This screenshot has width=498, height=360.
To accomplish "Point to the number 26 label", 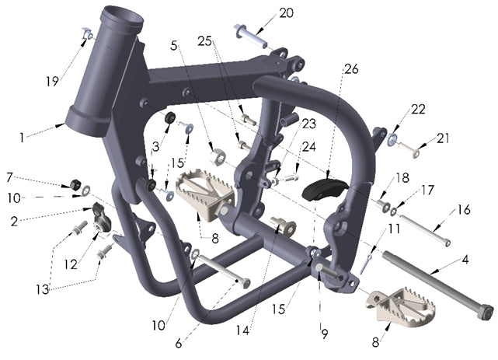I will click(x=351, y=69).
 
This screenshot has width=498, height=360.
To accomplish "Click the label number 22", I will click(x=420, y=110).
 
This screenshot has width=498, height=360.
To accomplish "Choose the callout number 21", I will click(x=443, y=139).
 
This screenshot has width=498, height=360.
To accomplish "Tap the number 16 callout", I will click(x=463, y=209).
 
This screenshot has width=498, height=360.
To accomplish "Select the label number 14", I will click(x=242, y=330).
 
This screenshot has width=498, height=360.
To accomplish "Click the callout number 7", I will click(x=10, y=177).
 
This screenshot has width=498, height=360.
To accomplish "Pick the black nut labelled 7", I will click(x=76, y=184).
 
